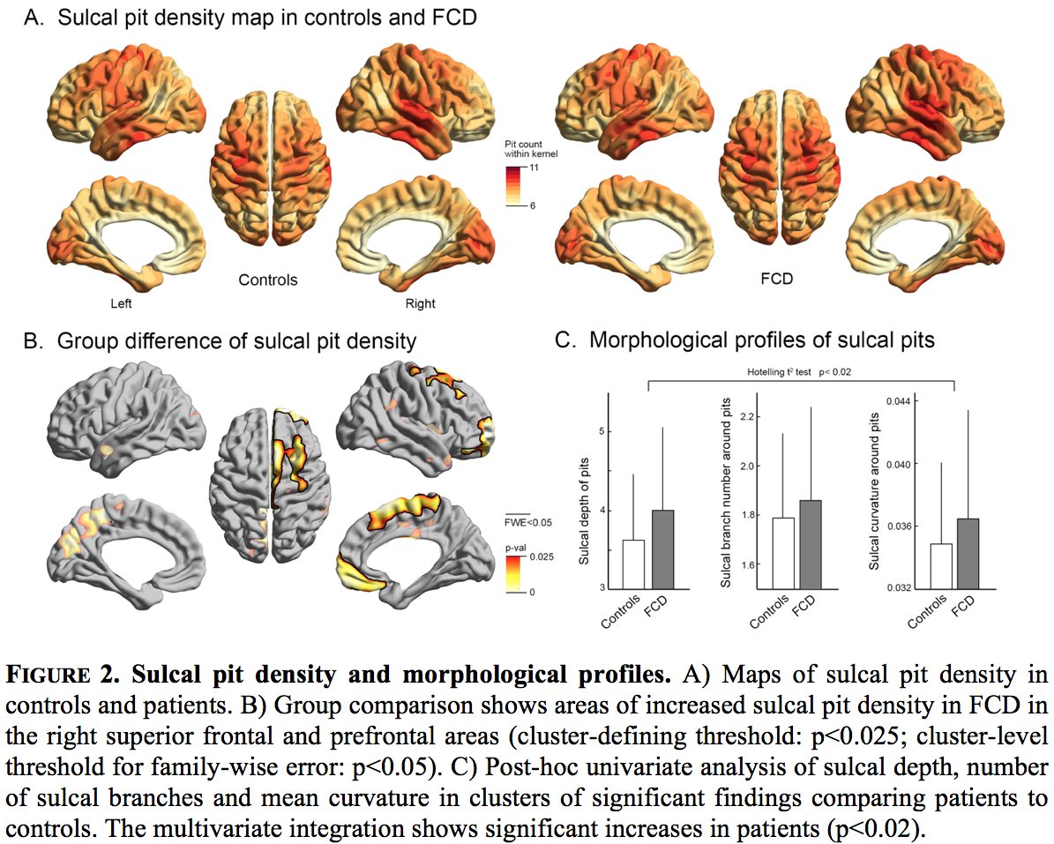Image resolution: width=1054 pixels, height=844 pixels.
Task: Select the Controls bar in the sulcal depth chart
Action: click(633, 564)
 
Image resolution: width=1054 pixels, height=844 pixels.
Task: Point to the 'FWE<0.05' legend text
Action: click(528, 522)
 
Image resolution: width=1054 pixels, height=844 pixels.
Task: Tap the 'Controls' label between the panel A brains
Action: click(268, 280)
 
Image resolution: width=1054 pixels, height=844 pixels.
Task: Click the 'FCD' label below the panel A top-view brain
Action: click(776, 280)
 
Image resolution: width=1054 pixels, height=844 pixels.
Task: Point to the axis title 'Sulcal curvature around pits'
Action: click(874, 492)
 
